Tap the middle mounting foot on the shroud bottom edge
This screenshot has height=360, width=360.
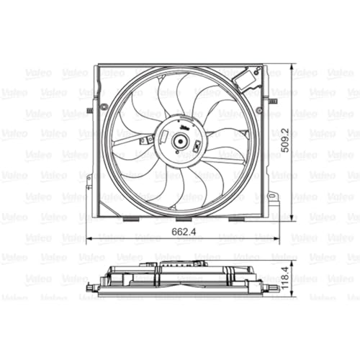point(184,218)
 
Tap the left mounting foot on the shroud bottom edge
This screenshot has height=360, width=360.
point(132,218)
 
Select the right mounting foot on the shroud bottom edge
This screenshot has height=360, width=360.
point(235,218)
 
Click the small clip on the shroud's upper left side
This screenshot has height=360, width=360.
point(89,110)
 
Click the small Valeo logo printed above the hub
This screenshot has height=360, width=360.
point(185,129)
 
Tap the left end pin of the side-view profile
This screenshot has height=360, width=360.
point(91,287)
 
